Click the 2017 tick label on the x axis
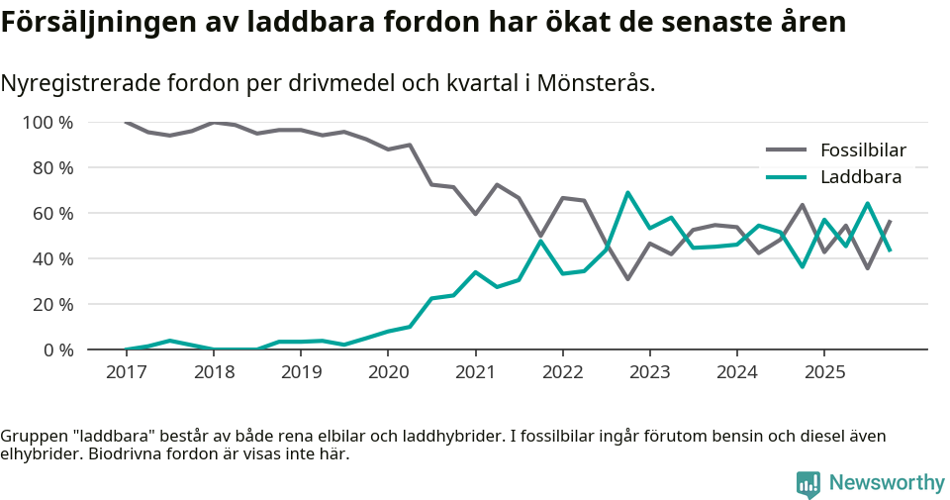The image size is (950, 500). (127, 372)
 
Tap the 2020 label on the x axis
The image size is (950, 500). (388, 372)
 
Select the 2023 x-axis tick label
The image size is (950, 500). (649, 372)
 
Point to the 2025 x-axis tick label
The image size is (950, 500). (823, 372)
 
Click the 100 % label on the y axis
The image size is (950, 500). (47, 123)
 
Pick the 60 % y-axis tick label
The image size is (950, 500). (52, 214)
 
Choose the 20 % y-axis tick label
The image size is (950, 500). (52, 304)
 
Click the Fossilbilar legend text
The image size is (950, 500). (863, 150)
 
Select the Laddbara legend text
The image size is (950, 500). (861, 177)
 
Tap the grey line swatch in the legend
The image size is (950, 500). (787, 150)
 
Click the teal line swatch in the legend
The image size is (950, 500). (787, 177)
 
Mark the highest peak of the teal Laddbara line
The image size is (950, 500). (627, 193)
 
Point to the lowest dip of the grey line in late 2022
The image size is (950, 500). (627, 279)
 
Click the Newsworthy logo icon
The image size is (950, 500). (807, 483)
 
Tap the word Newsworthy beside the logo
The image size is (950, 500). (887, 483)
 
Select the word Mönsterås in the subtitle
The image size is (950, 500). (594, 83)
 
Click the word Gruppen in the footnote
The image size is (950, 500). (31, 436)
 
